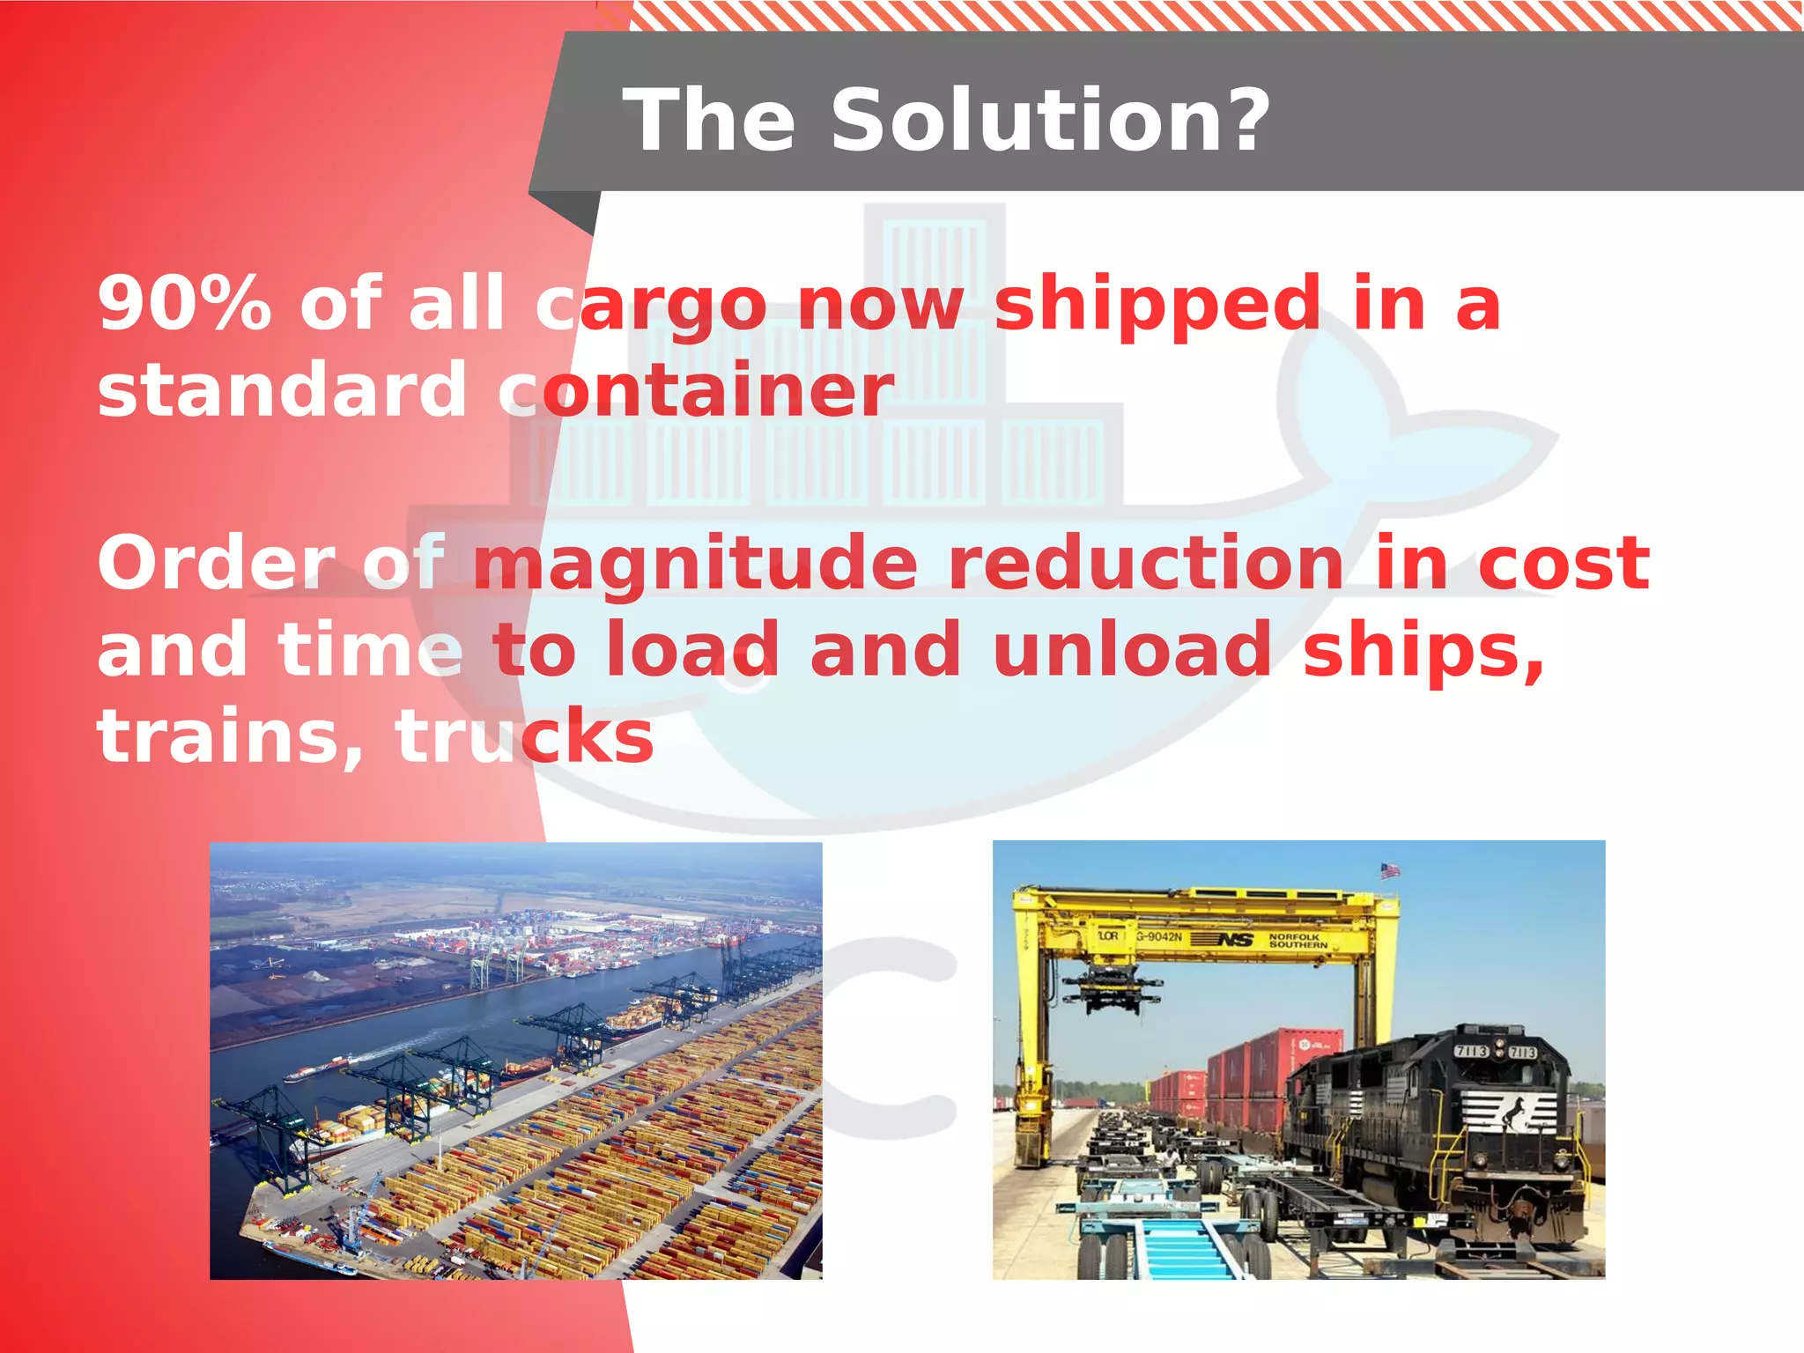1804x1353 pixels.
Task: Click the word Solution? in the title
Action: point(1050,121)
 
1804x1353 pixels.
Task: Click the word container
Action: point(696,389)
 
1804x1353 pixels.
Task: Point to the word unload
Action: point(1132,649)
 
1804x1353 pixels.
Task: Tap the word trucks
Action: point(524,736)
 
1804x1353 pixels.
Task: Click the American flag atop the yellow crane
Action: point(1390,870)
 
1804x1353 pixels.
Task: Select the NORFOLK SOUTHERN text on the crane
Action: point(1298,941)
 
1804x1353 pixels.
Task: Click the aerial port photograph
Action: point(515,1061)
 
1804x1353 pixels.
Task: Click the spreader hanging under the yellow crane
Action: point(1112,991)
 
